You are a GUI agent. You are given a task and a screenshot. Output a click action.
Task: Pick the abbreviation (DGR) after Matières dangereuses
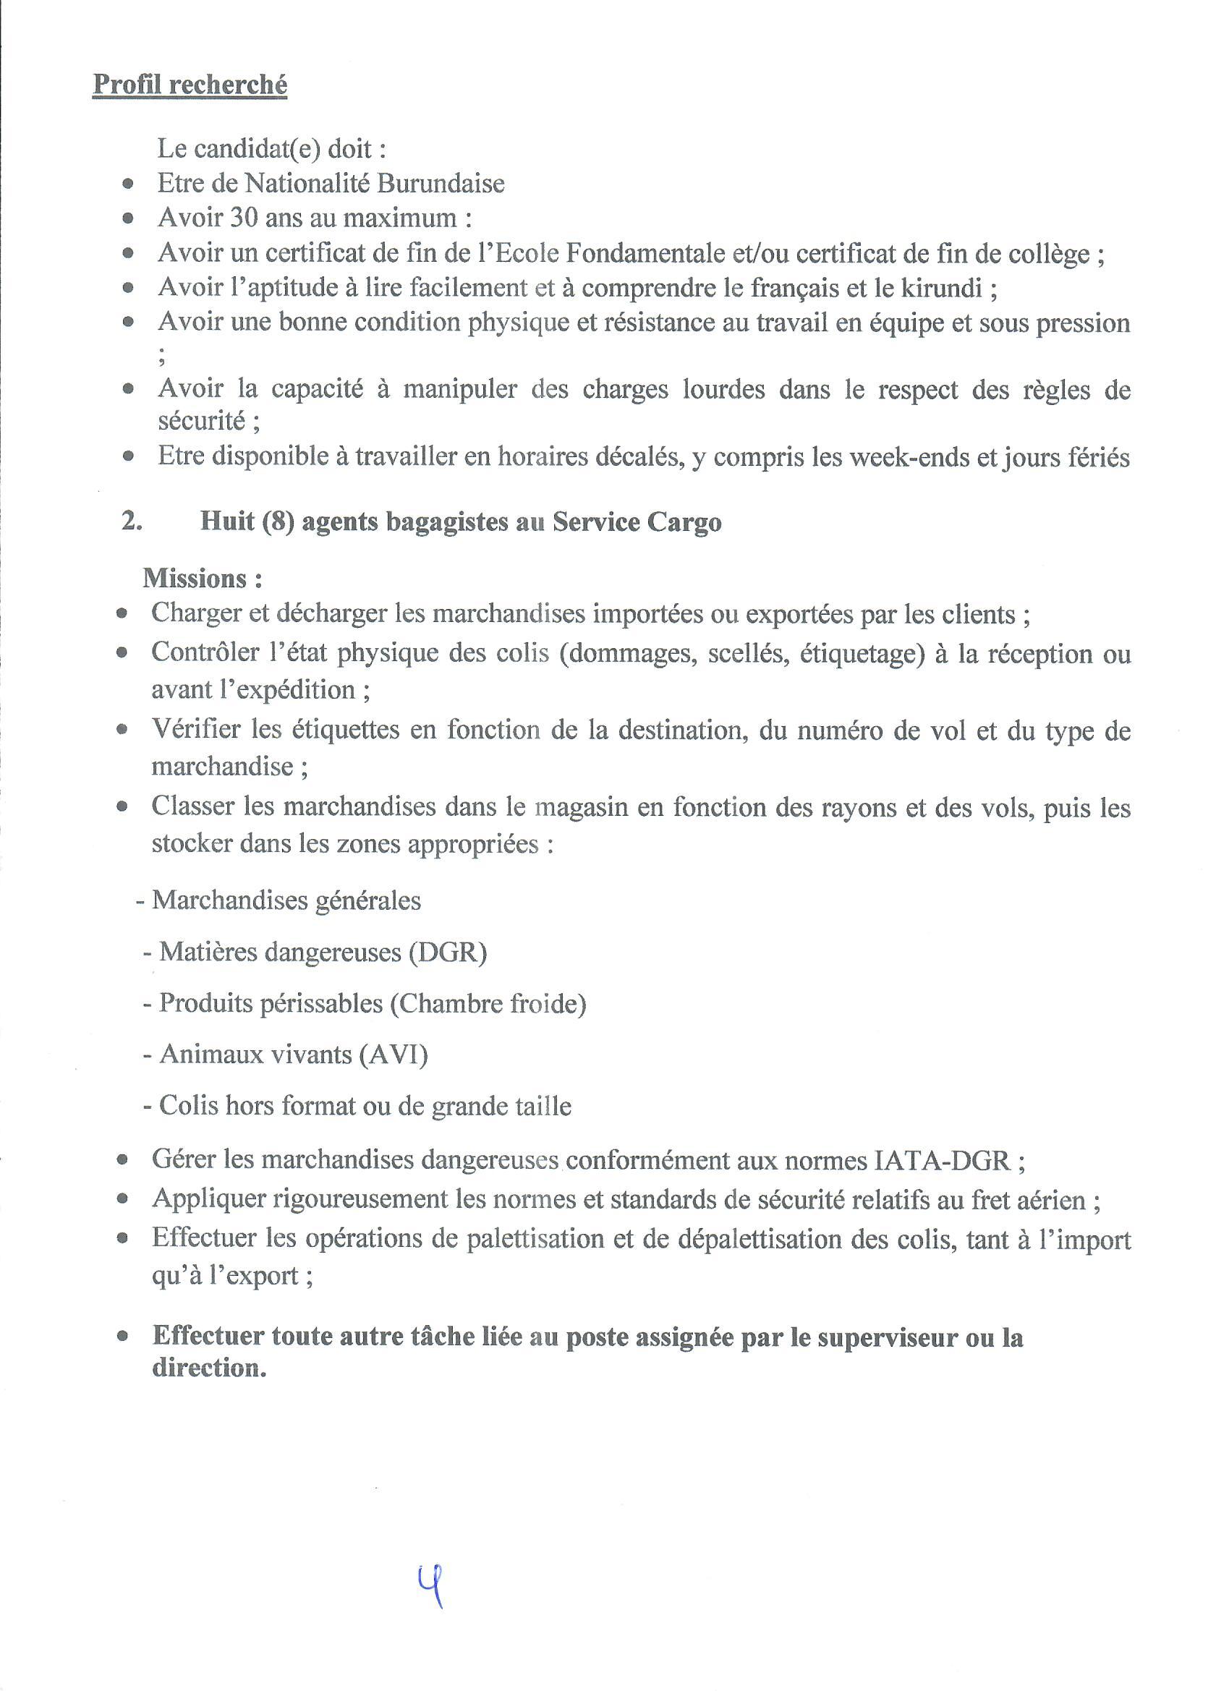447,953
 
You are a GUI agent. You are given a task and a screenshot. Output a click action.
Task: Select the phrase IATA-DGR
939,1159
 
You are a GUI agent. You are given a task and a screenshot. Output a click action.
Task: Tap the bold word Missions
195,579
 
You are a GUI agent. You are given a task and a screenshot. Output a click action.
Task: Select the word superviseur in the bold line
887,1337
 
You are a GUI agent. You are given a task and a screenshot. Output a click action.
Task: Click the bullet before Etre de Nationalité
129,184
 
